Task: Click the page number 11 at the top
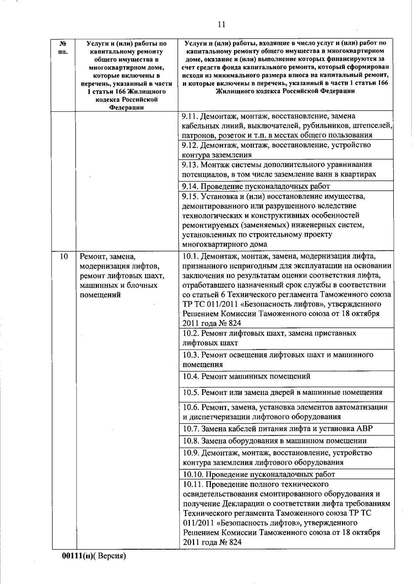[x=221, y=25]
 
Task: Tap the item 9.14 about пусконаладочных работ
[x=256, y=186]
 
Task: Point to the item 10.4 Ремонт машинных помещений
[x=247, y=377]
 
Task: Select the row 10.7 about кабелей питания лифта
[x=277, y=429]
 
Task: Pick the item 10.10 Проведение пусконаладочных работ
[x=259, y=474]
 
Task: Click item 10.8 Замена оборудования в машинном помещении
[x=275, y=441]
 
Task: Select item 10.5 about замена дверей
[x=283, y=392]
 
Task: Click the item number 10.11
[x=193, y=484]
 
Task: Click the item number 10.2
[x=191, y=333]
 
